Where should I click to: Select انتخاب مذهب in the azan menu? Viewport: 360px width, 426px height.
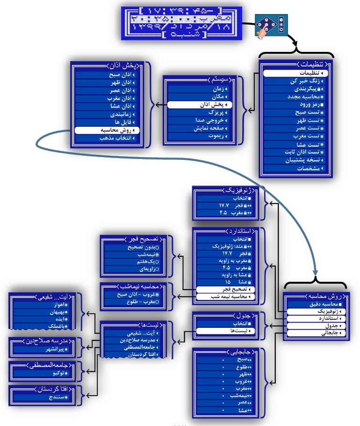[108, 138]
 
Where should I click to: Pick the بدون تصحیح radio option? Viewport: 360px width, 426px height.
[136, 247]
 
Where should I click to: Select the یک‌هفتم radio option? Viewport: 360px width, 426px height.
[136, 262]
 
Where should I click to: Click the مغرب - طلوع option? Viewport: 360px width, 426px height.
[136, 302]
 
